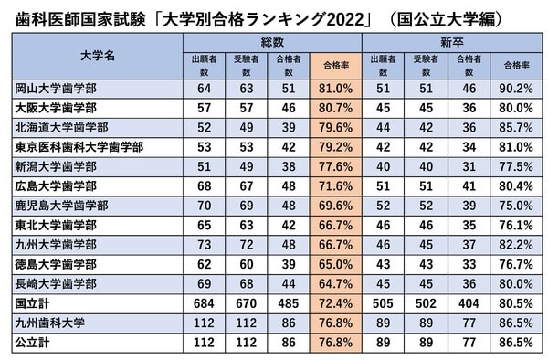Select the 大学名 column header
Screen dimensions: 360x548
91,56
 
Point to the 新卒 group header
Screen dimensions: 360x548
453,42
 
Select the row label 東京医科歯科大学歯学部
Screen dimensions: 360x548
81,146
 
